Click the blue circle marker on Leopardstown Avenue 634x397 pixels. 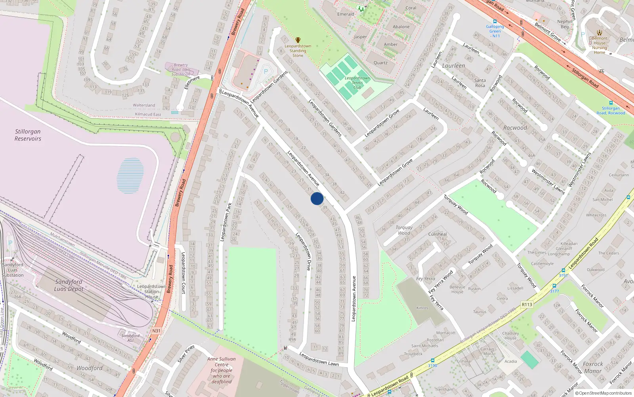click(317, 198)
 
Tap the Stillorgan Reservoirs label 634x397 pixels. click(28, 135)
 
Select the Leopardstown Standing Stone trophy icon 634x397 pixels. click(298, 40)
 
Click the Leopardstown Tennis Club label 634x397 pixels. click(357, 83)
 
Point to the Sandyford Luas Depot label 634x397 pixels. click(69, 285)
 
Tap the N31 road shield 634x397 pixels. click(157, 331)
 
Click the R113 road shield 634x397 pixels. click(527, 304)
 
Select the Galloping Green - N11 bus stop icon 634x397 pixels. click(495, 21)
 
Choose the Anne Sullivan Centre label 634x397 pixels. click(222, 370)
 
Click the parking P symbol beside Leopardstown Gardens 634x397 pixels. click(266, 71)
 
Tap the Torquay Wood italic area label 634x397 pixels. click(404, 230)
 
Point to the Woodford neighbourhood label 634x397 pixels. click(90, 368)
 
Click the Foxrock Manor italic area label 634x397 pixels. click(593, 368)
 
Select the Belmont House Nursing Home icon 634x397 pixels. click(600, 33)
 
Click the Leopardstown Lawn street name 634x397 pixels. click(319, 359)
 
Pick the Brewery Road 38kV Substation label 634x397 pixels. click(181, 69)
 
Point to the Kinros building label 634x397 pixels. click(422, 308)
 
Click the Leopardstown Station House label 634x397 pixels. click(151, 291)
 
